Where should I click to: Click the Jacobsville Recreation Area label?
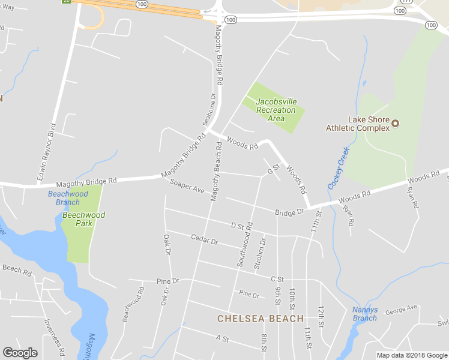coord(276,110)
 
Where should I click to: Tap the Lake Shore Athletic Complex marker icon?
coord(396,124)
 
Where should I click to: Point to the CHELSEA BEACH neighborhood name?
coord(261,319)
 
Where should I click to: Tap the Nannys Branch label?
coord(364,314)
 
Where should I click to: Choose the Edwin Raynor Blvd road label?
coord(46,152)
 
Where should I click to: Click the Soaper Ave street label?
coord(187,186)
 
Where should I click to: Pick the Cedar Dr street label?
coord(204,240)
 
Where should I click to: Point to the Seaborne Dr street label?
coord(209,109)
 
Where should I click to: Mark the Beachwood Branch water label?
coord(68,198)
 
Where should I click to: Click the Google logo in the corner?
coord(20,353)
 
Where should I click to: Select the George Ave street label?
coord(401,310)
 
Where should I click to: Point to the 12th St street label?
coord(322,314)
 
